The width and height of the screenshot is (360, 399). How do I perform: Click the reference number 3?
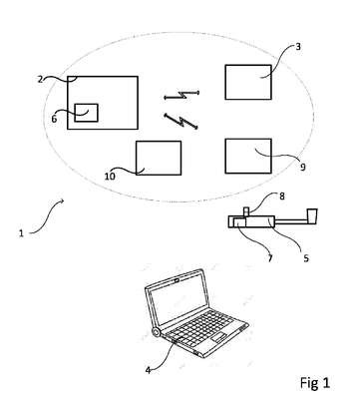(x=298, y=47)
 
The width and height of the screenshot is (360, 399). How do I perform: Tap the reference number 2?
(x=40, y=80)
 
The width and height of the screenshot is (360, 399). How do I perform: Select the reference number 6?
(x=54, y=119)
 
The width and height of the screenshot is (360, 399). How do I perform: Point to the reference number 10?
(x=110, y=176)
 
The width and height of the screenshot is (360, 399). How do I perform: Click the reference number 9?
(x=302, y=167)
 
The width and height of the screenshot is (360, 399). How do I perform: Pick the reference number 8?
(x=282, y=197)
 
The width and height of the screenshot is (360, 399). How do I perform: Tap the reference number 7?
(x=270, y=258)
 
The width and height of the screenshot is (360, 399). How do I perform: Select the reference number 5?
(x=306, y=258)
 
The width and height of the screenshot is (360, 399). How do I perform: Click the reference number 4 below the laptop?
(x=149, y=370)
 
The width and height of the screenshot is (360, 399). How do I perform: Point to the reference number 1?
(x=21, y=233)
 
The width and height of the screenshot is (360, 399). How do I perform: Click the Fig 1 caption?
(x=315, y=383)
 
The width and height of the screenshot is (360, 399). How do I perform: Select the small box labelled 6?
(x=86, y=113)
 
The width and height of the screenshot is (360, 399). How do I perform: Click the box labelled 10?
(x=159, y=158)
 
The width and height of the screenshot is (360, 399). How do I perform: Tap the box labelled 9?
(x=248, y=156)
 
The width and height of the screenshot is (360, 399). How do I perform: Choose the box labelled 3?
(x=248, y=82)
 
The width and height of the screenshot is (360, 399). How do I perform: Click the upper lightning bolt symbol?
(x=181, y=95)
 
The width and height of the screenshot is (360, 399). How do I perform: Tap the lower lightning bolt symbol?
(x=181, y=121)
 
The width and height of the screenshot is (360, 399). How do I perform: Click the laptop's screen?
(x=178, y=298)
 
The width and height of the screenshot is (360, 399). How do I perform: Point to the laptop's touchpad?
(x=219, y=338)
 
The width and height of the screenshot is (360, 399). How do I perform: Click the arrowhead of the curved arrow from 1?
(x=62, y=200)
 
